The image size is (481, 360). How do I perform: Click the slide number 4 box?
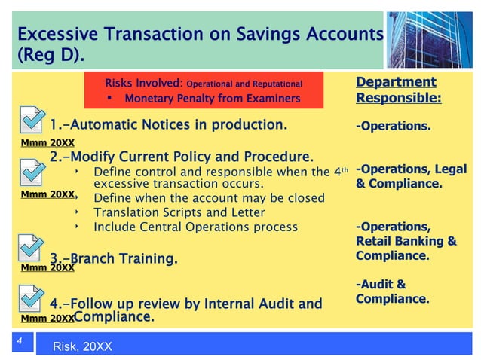click(22, 343)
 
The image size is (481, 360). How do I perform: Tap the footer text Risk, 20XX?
click(82, 347)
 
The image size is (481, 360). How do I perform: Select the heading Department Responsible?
click(398, 90)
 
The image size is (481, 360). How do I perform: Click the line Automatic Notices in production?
click(168, 124)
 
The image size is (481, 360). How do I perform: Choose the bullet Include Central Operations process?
click(195, 227)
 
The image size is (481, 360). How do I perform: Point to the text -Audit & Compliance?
click(392, 291)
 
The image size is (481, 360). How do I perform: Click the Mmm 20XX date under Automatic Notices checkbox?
click(47, 142)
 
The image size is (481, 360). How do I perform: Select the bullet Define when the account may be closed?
click(209, 198)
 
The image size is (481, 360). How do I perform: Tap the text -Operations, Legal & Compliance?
click(411, 176)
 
